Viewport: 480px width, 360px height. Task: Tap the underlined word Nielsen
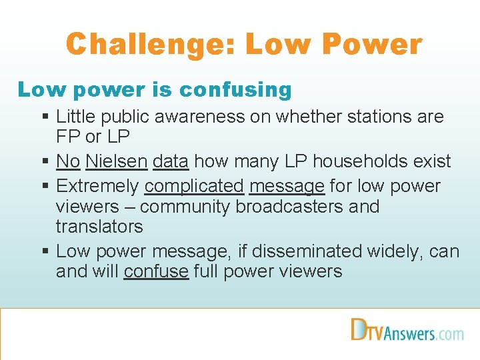pos(117,161)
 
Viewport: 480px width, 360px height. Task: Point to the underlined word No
pos(68,161)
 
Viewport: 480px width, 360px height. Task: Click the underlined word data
pos(171,161)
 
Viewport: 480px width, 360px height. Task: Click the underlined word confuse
pos(156,271)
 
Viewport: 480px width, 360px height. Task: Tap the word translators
pos(99,227)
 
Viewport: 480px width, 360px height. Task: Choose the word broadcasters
pos(289,206)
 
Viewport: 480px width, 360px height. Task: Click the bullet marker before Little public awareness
pos(45,117)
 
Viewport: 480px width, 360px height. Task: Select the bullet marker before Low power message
pos(45,251)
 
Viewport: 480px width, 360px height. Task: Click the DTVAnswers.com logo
pos(407,331)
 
